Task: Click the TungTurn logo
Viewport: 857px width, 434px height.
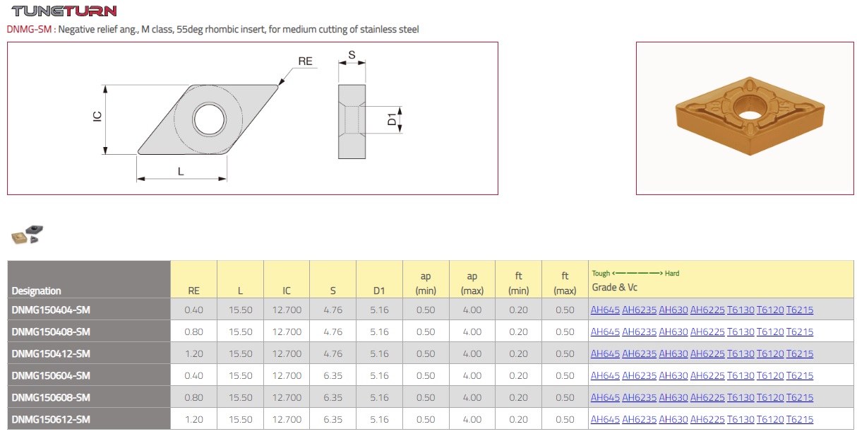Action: coord(64,11)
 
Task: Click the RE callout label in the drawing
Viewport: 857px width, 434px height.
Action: coord(305,61)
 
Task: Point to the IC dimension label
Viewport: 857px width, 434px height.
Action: coord(97,117)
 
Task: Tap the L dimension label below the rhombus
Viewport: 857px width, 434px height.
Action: coord(181,171)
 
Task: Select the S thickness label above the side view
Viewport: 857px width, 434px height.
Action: coord(352,55)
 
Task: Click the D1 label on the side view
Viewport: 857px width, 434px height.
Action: coord(392,119)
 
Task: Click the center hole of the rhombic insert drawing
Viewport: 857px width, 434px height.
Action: coord(209,119)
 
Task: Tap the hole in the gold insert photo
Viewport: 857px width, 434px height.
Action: coord(748,115)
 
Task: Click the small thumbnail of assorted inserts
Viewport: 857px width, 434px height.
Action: coord(27,235)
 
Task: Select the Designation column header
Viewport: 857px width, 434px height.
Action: coord(36,291)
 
